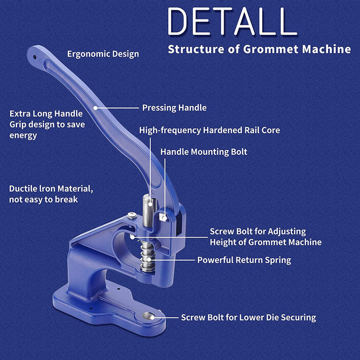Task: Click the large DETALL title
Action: (232, 21)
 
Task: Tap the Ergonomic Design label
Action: (103, 54)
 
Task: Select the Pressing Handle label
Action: (174, 107)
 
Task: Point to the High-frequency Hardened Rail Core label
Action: (210, 131)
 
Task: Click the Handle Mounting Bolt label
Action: (204, 152)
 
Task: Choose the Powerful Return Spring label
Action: (244, 260)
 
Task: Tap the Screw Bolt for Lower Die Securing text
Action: (248, 317)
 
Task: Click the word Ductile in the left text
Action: (23, 189)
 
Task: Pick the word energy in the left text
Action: (23, 135)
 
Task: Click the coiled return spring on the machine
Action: (147, 257)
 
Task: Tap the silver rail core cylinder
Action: (149, 211)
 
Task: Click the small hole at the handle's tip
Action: (34, 57)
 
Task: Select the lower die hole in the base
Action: (148, 316)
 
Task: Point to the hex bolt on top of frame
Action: (132, 215)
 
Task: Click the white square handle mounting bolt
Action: (163, 217)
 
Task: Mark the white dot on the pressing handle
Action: (95, 107)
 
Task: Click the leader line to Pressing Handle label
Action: (117, 107)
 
